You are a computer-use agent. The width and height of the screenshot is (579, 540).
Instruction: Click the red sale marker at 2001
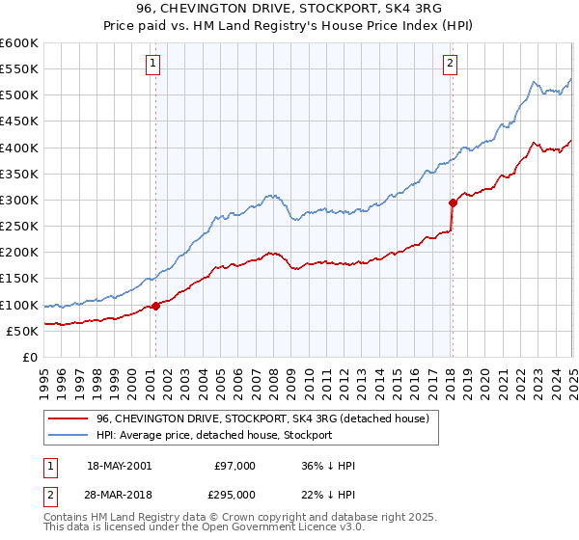coord(155,306)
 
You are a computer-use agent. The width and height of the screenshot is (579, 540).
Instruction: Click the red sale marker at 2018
coord(452,202)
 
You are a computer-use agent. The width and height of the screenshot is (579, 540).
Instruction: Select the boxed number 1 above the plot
coord(154,65)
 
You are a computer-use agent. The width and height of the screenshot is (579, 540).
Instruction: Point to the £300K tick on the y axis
coord(20,200)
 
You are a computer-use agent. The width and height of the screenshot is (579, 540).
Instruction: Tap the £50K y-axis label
coord(23,331)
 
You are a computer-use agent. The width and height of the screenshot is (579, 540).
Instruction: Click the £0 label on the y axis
coord(31,357)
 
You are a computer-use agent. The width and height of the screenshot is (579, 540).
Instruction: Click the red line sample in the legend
coord(69,418)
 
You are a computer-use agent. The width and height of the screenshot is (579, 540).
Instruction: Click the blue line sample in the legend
coord(69,435)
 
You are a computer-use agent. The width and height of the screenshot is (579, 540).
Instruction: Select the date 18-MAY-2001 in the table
coord(119,466)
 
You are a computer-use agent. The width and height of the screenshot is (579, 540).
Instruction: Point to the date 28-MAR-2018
coord(119,494)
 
